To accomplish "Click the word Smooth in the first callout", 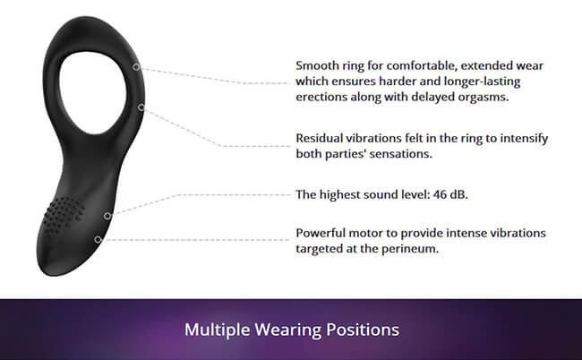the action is pos(317,65).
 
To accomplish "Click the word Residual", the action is pos(319,138).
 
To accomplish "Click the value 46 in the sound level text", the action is pos(440,194).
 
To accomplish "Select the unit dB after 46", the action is pos(459,194).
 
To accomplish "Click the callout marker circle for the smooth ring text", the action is pos(137,67).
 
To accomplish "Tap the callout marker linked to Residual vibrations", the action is pos(141,107).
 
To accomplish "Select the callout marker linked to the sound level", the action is pos(107,216).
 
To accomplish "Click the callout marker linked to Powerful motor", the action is pos(98,240).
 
